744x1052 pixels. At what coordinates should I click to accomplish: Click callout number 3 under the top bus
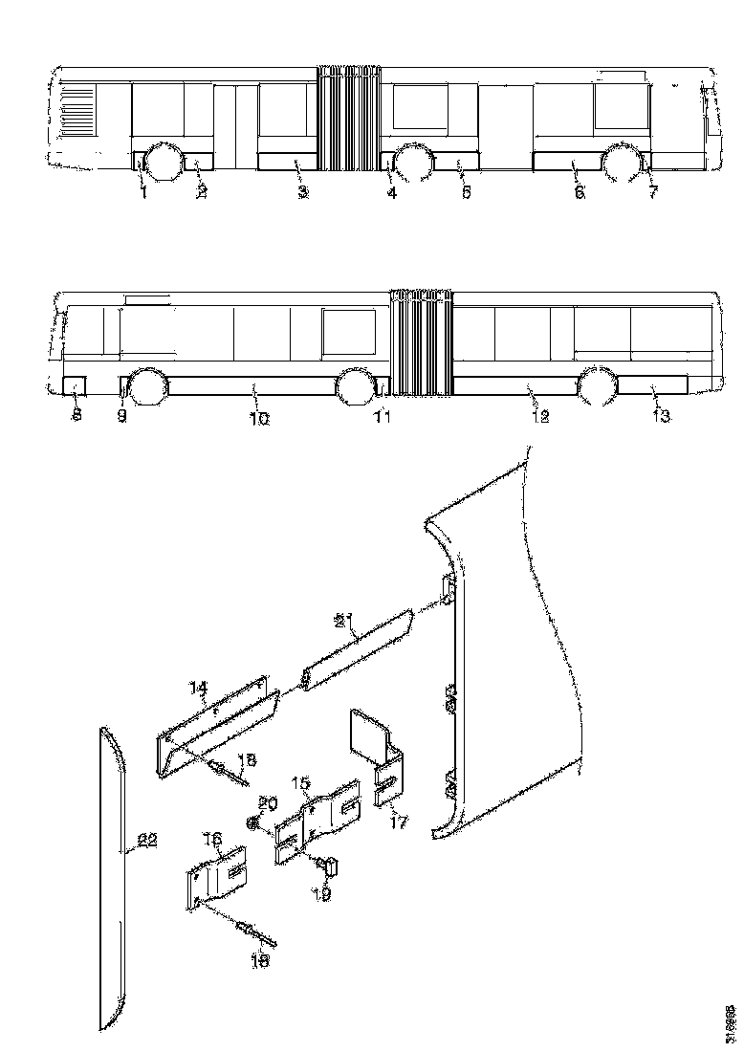click(302, 192)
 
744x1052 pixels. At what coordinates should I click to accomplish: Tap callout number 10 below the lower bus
click(259, 418)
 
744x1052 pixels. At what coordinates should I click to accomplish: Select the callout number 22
click(146, 841)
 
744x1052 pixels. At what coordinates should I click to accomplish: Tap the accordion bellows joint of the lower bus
click(420, 342)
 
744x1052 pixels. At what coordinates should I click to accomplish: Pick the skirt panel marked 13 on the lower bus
click(653, 386)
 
